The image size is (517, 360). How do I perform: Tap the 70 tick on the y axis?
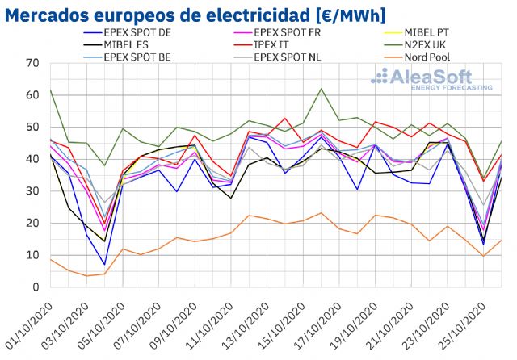tap(32, 63)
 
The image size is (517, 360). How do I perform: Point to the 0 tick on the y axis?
tap(36, 287)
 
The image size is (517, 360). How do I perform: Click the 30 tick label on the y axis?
tap(32, 191)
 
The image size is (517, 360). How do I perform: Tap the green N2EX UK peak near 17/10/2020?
tap(322, 89)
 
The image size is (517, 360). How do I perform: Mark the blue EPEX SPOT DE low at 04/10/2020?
tap(104, 264)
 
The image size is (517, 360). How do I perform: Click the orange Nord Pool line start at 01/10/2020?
tap(50, 259)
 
